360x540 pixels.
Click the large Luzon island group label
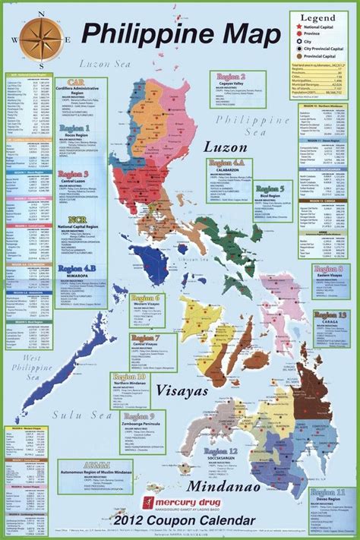click(226, 145)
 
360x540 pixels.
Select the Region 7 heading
click(145, 337)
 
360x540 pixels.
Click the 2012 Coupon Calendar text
click(178, 523)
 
